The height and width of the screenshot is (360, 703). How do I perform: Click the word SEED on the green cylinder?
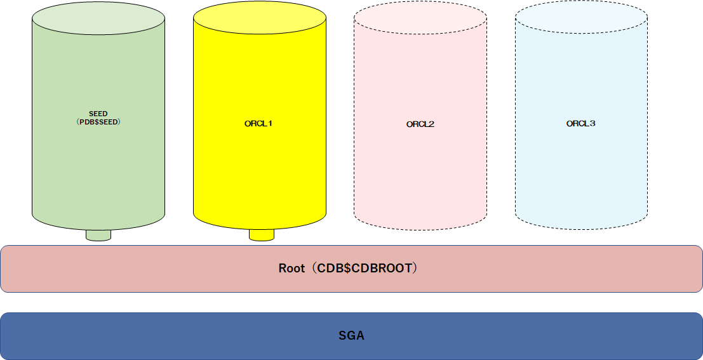click(98, 114)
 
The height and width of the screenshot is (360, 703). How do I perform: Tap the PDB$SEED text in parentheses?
click(98, 121)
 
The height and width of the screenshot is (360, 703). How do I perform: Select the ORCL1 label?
click(258, 124)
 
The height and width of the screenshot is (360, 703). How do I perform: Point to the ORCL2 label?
click(420, 124)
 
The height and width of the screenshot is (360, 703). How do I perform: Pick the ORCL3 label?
click(581, 124)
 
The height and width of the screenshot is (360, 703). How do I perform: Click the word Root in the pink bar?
click(291, 269)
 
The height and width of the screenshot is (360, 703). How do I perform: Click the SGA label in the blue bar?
click(351, 336)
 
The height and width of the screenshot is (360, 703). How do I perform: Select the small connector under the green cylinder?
click(98, 236)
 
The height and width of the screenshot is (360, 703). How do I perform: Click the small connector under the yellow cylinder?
click(261, 236)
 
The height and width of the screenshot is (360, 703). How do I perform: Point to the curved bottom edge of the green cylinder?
click(64, 224)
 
